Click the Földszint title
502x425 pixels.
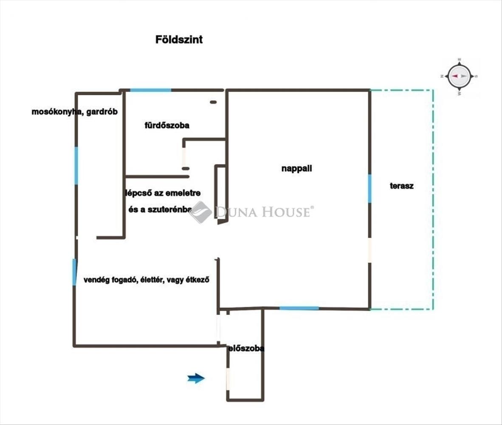[179, 40]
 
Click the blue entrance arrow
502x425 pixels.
[196, 378]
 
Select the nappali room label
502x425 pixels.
[297, 168]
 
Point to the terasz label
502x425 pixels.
[401, 186]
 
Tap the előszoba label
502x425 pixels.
[246, 348]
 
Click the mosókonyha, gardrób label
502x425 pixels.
[74, 112]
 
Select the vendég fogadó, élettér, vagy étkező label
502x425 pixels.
[147, 280]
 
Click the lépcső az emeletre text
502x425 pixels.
[163, 193]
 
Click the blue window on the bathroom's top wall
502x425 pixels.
[150, 90]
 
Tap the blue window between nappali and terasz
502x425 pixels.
[369, 188]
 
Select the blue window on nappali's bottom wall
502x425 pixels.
[299, 308]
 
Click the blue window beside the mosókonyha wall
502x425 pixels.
[76, 165]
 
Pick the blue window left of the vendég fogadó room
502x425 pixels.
[74, 272]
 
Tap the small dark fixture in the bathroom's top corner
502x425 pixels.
[213, 102]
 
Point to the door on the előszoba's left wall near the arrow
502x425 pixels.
[228, 378]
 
